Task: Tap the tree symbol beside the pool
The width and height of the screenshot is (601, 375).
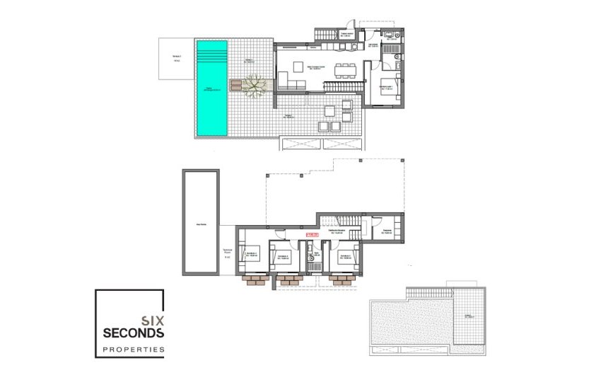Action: (x=252, y=86)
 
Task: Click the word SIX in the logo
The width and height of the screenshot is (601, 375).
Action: (x=152, y=320)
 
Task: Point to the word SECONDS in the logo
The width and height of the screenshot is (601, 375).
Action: (x=134, y=333)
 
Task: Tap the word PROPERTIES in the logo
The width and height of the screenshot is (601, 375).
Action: (x=134, y=350)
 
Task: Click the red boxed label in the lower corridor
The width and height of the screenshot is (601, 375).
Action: (x=310, y=234)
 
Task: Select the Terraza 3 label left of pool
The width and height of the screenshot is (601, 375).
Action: (x=175, y=59)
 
